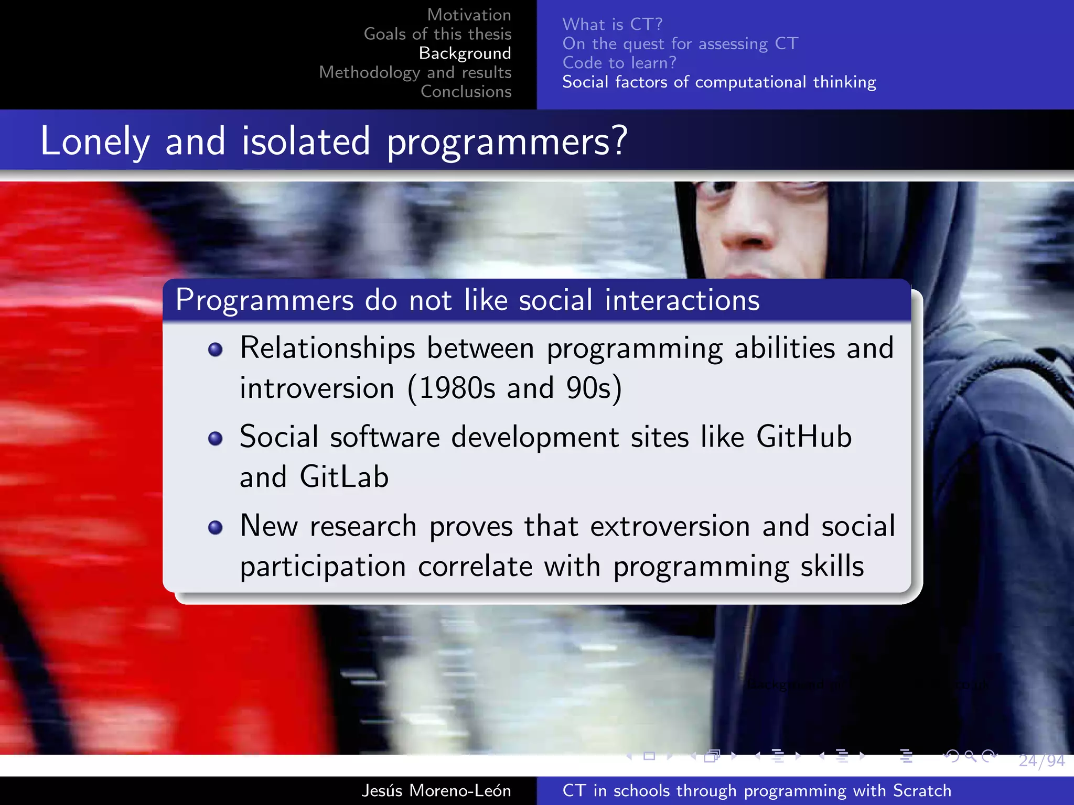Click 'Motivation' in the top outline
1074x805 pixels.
[469, 15]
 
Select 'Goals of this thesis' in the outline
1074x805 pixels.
[437, 34]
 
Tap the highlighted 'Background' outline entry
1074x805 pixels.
[465, 53]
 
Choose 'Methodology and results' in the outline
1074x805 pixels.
[415, 72]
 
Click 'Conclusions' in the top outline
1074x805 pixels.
[466, 91]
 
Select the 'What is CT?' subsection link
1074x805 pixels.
[612, 24]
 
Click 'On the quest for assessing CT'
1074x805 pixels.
[680, 43]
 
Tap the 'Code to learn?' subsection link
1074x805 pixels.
[619, 63]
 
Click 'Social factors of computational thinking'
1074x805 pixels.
[718, 82]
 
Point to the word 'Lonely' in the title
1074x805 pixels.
[94, 142]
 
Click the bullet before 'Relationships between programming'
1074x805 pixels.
[215, 350]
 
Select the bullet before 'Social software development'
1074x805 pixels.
[215, 438]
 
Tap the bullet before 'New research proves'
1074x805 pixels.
[215, 527]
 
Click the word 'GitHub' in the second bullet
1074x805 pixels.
[803, 437]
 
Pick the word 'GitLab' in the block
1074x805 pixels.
[343, 477]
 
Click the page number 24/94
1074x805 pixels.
[1041, 760]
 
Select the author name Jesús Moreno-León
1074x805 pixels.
[436, 790]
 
